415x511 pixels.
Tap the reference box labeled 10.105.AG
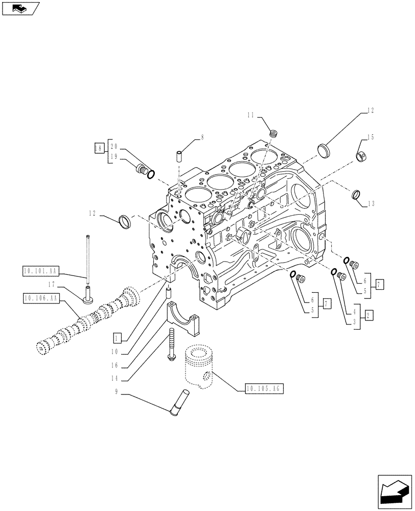263,388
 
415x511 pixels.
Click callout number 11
251,116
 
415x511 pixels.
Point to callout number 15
371,137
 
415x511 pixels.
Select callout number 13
371,203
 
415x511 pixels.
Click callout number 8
202,137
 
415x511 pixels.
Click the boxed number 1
118,338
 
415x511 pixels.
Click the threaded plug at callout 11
273,134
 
